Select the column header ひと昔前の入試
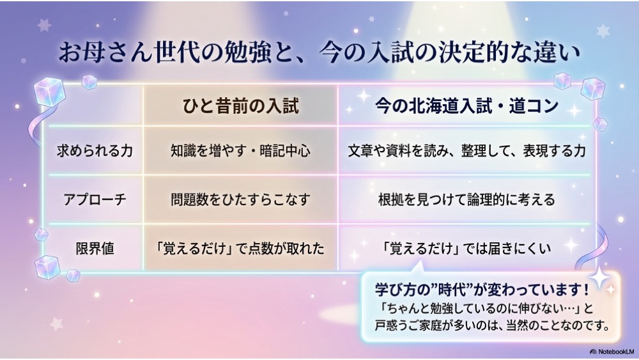[x=240, y=106]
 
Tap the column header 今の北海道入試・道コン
[x=466, y=106]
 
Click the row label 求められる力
[x=95, y=151]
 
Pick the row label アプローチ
[x=95, y=200]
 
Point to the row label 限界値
[x=95, y=248]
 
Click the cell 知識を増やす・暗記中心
[x=240, y=151]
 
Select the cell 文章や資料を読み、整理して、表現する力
[x=466, y=151]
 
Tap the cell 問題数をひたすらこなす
[x=240, y=200]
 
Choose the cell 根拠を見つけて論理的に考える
[x=466, y=200]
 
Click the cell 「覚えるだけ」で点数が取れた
[x=240, y=248]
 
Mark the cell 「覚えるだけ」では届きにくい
[x=466, y=248]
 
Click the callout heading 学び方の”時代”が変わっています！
[x=482, y=290]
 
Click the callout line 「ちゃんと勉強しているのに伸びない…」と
[x=484, y=308]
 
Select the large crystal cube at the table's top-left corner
[x=49, y=92]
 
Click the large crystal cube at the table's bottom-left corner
[x=47, y=267]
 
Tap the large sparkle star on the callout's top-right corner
[x=599, y=278]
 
